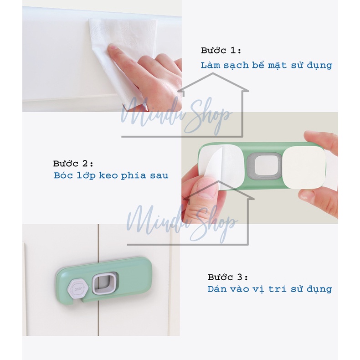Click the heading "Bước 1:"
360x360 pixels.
coord(221,50)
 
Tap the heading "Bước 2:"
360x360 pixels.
coord(73,164)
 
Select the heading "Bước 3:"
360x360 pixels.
coord(228,277)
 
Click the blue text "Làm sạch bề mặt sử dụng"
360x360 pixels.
coord(266,66)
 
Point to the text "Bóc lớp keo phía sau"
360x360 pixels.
coord(111,175)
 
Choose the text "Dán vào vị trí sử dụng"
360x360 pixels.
coord(270,289)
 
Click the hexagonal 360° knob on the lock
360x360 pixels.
coord(77,288)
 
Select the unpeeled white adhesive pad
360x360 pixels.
coord(304,168)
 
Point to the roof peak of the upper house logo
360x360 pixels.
coord(213,73)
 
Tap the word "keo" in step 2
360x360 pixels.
coord(108,175)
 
